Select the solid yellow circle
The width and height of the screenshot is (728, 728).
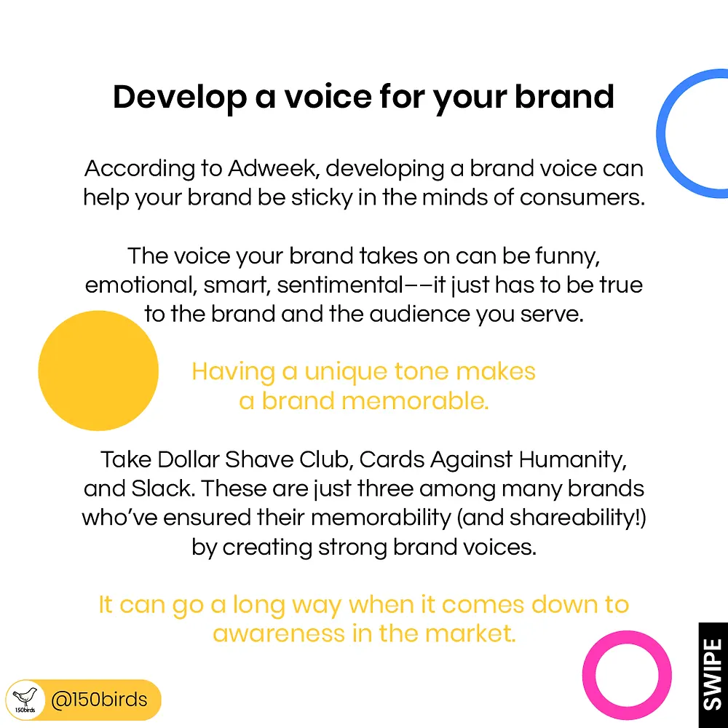coord(98,371)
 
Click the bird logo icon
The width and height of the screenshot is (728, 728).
coord(25,700)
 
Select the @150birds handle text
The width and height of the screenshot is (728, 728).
coord(99,700)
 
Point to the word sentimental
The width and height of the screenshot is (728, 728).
coord(340,285)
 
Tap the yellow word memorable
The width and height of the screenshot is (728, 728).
coord(415,401)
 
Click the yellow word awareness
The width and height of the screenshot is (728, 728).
coord(279,634)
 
